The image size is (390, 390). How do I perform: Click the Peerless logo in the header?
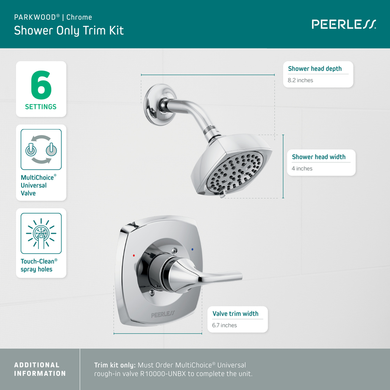point(344,24)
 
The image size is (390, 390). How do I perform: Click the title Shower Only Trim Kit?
point(69,30)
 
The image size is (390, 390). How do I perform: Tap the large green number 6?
point(41,85)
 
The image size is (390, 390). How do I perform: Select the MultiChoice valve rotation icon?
point(41,149)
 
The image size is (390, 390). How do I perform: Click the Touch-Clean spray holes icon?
point(41,233)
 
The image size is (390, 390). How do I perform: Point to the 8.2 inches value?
point(300,80)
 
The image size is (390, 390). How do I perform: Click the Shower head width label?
point(318,157)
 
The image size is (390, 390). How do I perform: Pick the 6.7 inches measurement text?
point(224,325)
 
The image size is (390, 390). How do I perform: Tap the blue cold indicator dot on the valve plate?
point(193,249)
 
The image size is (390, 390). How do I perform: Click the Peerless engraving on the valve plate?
point(163,315)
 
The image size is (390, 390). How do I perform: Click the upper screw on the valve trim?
point(174,251)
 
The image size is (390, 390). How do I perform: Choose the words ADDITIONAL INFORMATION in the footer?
point(40,369)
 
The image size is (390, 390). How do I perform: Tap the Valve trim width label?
point(235,314)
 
